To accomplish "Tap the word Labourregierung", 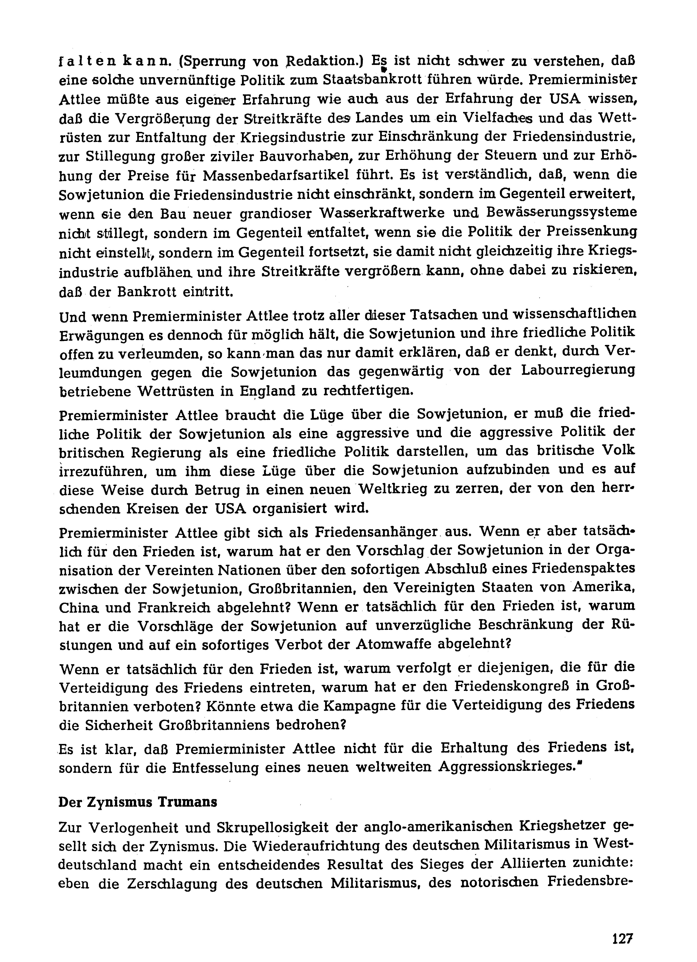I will point(578,371).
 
